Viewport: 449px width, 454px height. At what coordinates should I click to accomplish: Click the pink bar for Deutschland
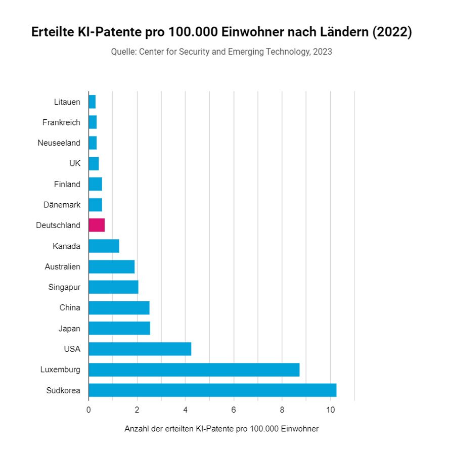point(97,225)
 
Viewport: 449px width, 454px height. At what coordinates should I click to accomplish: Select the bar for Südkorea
point(212,390)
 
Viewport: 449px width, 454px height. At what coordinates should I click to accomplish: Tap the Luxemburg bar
point(194,370)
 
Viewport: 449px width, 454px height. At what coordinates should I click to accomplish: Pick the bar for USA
point(140,349)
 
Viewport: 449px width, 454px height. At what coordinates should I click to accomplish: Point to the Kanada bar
point(104,246)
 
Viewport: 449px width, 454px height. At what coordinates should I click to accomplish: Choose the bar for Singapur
point(113,287)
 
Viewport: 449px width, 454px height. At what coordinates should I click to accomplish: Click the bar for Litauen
point(92,102)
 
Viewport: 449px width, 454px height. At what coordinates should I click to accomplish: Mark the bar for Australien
point(111,266)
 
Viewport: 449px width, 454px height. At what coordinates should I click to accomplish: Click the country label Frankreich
point(61,122)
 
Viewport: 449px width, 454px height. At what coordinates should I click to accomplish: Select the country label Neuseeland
point(59,143)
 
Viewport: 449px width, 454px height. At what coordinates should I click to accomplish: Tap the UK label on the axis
point(75,163)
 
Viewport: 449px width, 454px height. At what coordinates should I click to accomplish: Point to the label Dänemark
point(62,205)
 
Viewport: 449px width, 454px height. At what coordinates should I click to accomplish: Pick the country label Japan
point(69,329)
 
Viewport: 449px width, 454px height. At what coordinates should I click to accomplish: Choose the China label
point(70,308)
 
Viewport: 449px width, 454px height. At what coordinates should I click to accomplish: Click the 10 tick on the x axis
point(330,410)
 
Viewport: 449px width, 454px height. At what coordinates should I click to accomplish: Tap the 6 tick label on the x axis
point(234,410)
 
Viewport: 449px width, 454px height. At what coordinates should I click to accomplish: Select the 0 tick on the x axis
point(88,410)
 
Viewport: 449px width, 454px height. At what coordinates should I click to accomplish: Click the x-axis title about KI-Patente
point(221,429)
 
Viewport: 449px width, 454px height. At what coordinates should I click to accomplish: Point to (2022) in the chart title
point(392,32)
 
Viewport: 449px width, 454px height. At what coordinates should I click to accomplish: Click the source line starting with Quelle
point(221,52)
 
